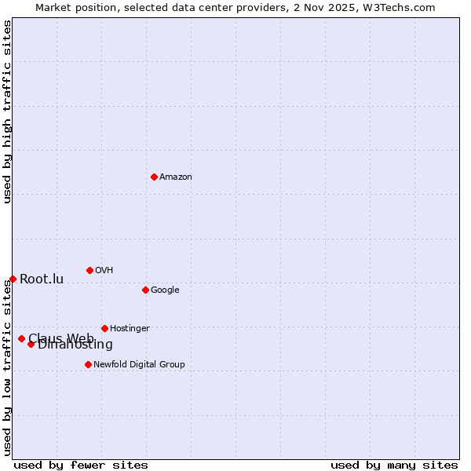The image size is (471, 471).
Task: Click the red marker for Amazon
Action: click(x=154, y=177)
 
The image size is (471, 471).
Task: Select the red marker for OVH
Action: click(x=89, y=270)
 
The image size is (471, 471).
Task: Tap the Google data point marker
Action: click(x=145, y=290)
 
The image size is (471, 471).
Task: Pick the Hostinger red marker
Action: click(x=104, y=328)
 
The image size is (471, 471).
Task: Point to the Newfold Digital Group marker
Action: click(x=88, y=364)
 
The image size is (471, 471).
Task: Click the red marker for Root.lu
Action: click(x=13, y=279)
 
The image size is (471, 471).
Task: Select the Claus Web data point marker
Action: click(x=21, y=338)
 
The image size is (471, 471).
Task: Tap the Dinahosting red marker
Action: click(x=31, y=344)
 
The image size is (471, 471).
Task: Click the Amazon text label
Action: click(x=176, y=177)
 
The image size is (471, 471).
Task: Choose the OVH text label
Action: click(x=104, y=271)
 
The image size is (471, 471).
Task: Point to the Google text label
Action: click(x=165, y=290)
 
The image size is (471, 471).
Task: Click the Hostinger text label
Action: click(x=130, y=329)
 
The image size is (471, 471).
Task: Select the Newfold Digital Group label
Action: click(x=139, y=365)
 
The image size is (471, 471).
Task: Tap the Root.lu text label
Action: click(x=42, y=279)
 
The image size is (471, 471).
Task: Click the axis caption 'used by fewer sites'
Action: click(x=81, y=465)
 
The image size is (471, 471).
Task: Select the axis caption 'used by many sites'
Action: click(x=394, y=465)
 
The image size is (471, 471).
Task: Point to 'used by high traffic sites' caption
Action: click(x=7, y=111)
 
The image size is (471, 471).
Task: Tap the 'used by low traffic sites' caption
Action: click(x=7, y=367)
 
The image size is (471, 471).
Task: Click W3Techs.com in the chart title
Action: click(x=399, y=7)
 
